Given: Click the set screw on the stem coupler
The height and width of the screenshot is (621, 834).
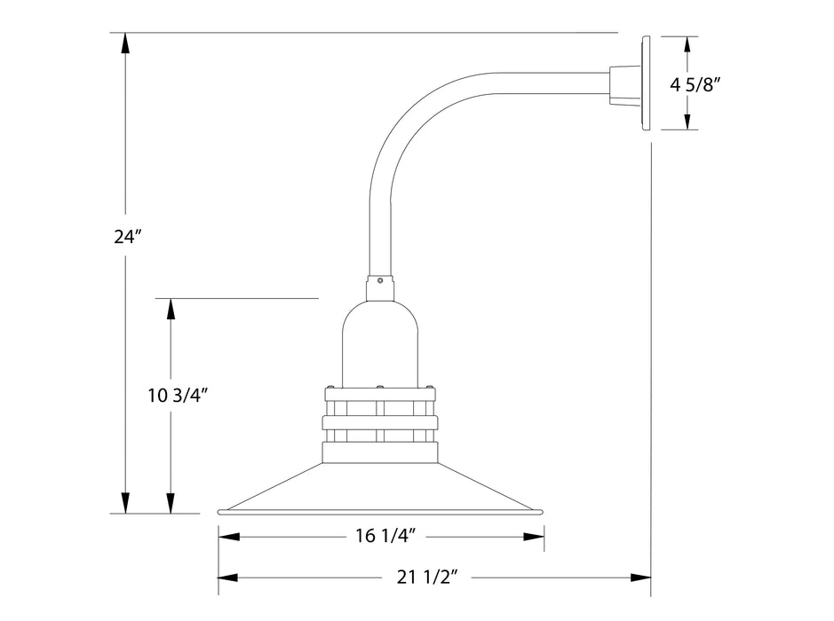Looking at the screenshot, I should pos(380,281).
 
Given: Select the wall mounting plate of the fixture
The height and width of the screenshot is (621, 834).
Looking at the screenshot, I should pos(644,83).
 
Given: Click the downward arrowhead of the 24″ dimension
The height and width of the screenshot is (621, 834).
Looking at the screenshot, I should pos(126,502).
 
